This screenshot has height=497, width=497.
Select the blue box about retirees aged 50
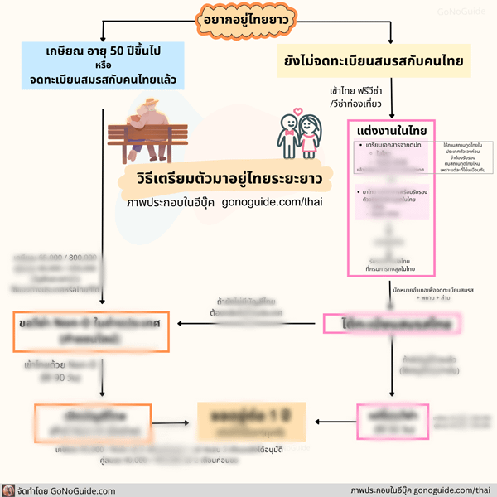coord(103,65)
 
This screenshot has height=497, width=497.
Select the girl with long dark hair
coord(311,137)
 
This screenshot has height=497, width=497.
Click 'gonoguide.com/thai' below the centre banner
coord(271,202)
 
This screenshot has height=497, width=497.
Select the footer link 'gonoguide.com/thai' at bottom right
coord(452,490)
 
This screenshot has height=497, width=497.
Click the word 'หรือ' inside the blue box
coord(103,65)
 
